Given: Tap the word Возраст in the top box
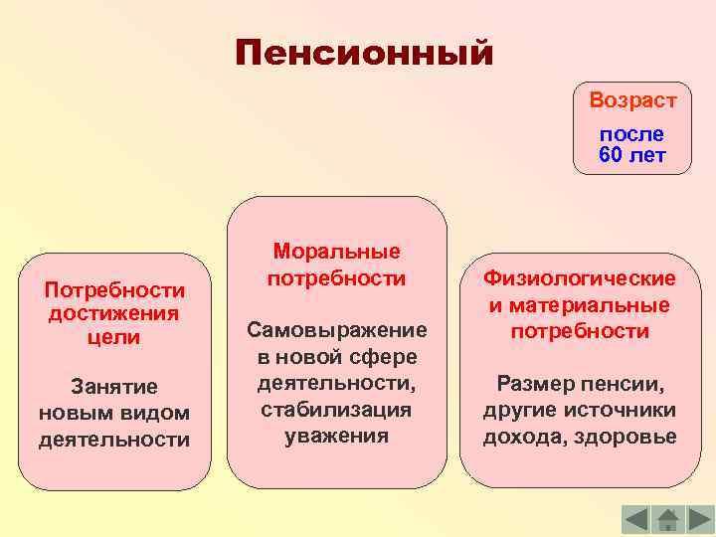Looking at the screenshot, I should (632, 100).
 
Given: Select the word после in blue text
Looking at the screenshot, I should (631, 134).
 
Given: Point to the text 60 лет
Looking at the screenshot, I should (631, 155).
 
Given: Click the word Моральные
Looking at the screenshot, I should (336, 252).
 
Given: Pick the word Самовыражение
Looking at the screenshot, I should (336, 329).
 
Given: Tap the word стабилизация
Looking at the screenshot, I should (336, 409).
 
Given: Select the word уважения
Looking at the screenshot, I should (336, 436).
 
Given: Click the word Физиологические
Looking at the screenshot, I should (580, 279).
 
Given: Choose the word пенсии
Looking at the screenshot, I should (623, 384).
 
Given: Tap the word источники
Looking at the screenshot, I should (622, 410).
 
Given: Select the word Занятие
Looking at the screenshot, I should (114, 386).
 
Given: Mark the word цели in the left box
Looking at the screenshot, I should (114, 337).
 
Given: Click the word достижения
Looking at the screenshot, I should (114, 313).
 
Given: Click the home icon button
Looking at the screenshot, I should (667, 519).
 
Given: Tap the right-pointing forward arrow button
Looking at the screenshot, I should (700, 519).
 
